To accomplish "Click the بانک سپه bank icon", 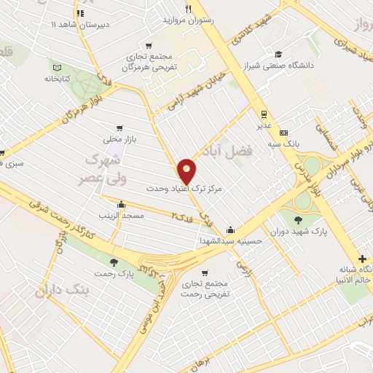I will pos(283,133).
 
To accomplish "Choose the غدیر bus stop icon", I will pos(263,114).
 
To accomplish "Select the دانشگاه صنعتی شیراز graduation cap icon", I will pos(278,54).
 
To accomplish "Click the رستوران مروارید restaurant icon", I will pos(189,9).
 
